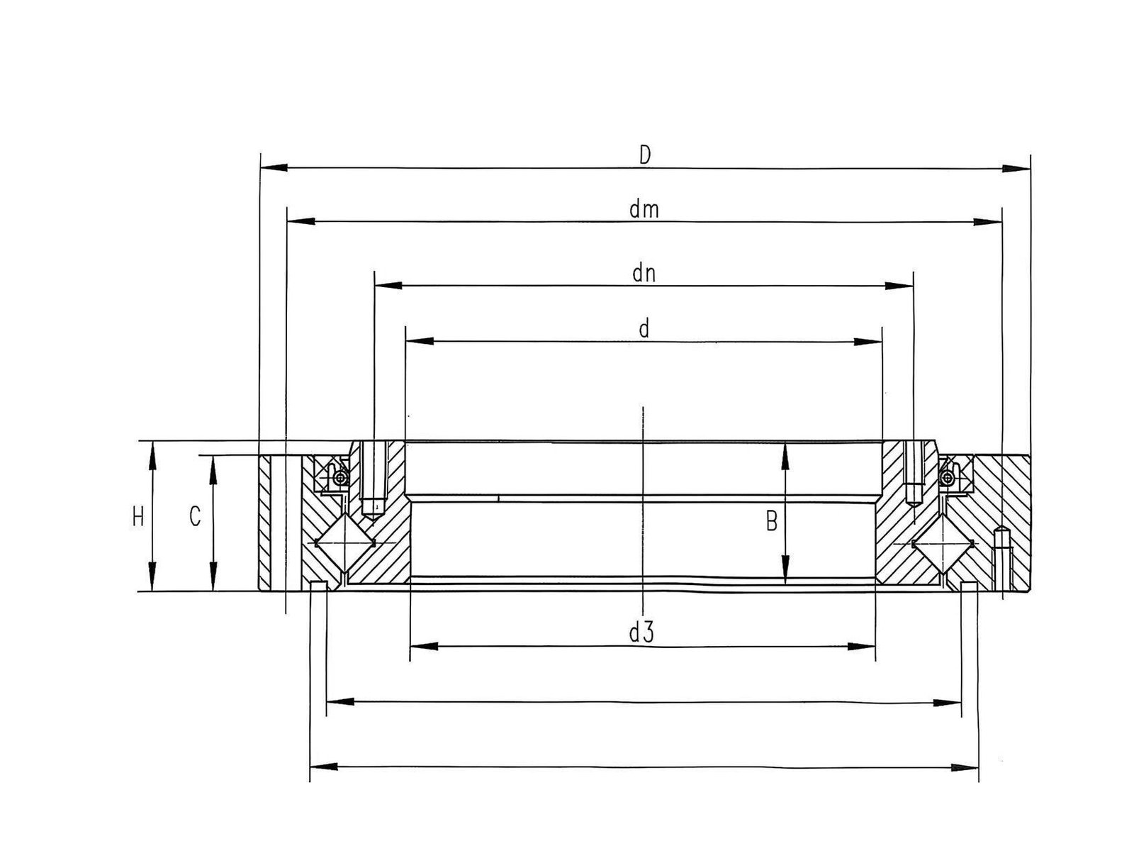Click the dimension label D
click(645, 155)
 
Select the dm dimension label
click(644, 210)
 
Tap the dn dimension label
click(644, 274)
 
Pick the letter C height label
click(195, 516)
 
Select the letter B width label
click(771, 522)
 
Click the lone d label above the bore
click(644, 329)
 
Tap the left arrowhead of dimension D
click(274, 167)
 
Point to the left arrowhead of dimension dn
click(388, 285)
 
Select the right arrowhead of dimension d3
click(862, 646)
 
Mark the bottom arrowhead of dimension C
click(213, 576)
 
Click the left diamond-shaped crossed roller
click(344, 542)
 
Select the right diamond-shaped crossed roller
click(943, 543)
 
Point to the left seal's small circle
click(339, 478)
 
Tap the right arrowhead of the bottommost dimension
click(965, 767)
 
